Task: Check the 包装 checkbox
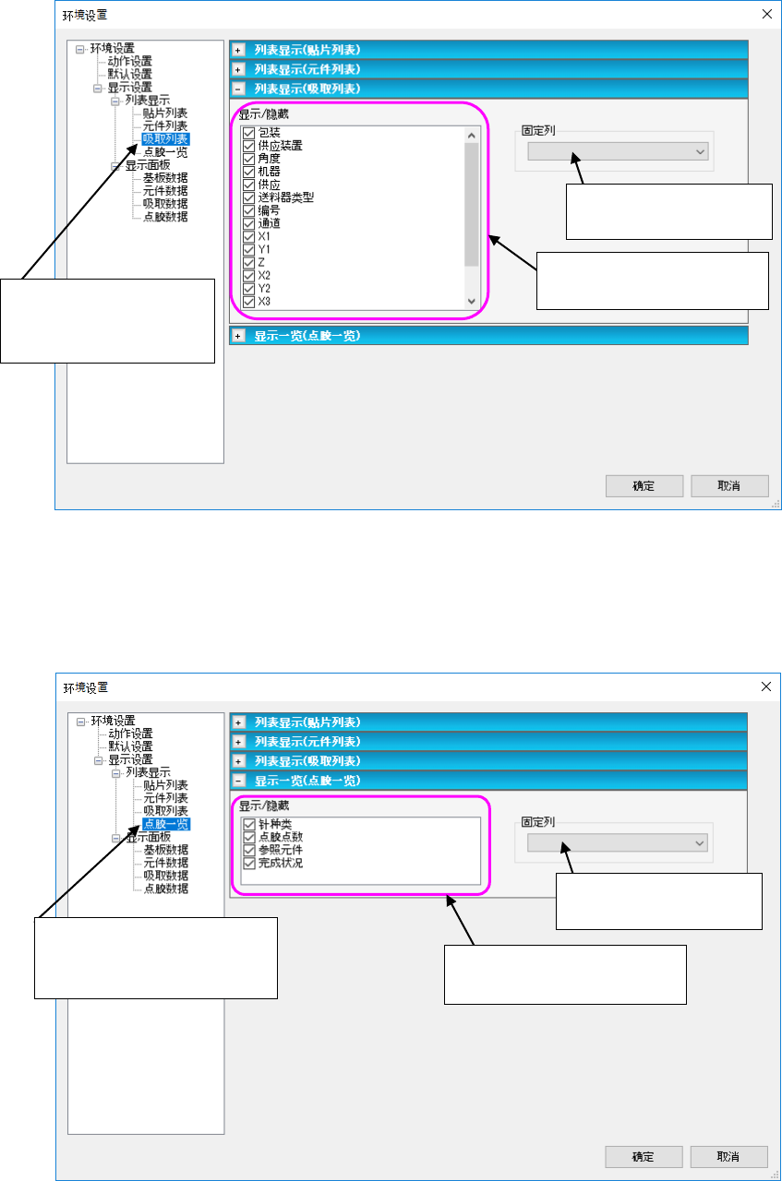pyautogui.click(x=248, y=133)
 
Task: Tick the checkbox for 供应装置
pyautogui.click(x=248, y=146)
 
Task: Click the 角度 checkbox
pyautogui.click(x=248, y=159)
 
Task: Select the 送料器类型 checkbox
pyautogui.click(x=248, y=197)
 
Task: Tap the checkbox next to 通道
pyautogui.click(x=248, y=223)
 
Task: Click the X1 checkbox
pyautogui.click(x=248, y=236)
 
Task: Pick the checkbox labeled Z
pyautogui.click(x=248, y=262)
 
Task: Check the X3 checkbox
pyautogui.click(x=248, y=301)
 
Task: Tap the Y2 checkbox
pyautogui.click(x=248, y=288)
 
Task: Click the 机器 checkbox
pyautogui.click(x=248, y=172)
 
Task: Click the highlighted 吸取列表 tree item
pyautogui.click(x=165, y=138)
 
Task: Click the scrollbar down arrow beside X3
pyautogui.click(x=472, y=302)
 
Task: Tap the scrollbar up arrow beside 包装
pyautogui.click(x=472, y=135)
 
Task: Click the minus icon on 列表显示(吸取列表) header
pyautogui.click(x=238, y=89)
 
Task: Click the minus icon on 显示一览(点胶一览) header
pyautogui.click(x=238, y=781)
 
